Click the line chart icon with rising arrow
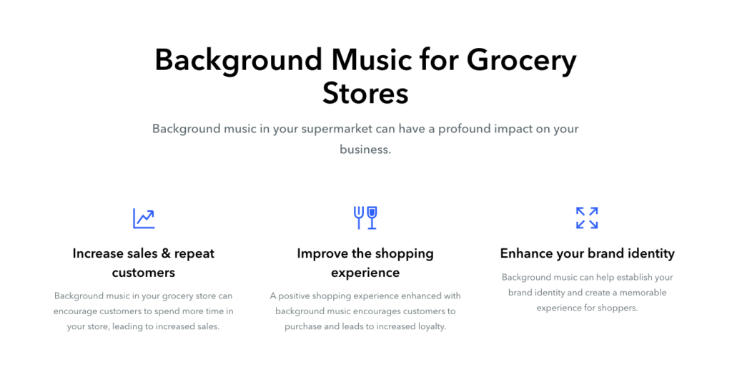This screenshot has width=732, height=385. (144, 218)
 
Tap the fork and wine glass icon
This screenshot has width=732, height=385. (365, 218)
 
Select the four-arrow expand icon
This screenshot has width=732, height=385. (587, 218)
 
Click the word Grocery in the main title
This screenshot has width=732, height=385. (521, 62)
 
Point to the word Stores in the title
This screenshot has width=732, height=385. (365, 93)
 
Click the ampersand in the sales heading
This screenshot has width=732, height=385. (166, 254)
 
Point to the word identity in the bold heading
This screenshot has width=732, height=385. (651, 254)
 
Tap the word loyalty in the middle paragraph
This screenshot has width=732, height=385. (430, 326)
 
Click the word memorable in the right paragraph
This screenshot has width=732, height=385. (643, 293)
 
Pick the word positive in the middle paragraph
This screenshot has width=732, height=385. (294, 296)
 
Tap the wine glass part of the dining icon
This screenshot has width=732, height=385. (372, 218)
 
